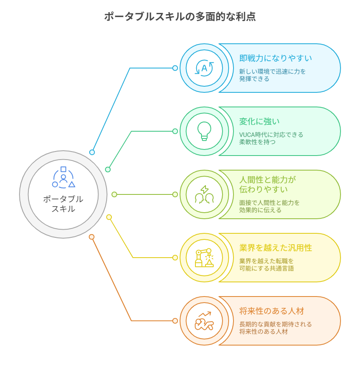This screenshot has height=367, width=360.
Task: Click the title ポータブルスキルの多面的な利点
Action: pos(180,17)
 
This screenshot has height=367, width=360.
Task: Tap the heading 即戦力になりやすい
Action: pos(275,58)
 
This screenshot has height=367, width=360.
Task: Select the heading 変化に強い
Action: pos(259,122)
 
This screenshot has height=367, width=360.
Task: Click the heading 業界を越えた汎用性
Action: pos(275,248)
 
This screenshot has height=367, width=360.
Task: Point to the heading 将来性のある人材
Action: pos(272,311)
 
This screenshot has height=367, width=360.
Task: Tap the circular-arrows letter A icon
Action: pos(204,68)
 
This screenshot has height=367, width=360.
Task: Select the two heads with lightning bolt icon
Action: pos(204,195)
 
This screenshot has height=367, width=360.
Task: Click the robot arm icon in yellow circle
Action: pos(204,258)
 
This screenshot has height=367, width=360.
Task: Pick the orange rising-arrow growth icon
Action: pos(204,321)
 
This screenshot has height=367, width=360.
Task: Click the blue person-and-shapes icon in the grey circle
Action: pos(64,177)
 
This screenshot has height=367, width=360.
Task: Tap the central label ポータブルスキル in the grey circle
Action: pos(63,204)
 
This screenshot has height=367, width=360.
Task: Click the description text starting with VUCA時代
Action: pos(271,138)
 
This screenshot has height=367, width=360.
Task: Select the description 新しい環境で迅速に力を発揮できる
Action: pos(272,75)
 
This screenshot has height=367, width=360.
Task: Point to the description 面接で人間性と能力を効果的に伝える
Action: pos(269,206)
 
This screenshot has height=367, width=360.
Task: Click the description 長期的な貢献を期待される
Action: pos(275,324)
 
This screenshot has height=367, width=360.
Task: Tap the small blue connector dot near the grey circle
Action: pos(92,152)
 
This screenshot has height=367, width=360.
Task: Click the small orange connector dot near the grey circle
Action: pos(92,237)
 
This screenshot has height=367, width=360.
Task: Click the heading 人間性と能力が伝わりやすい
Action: pos(268,185)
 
